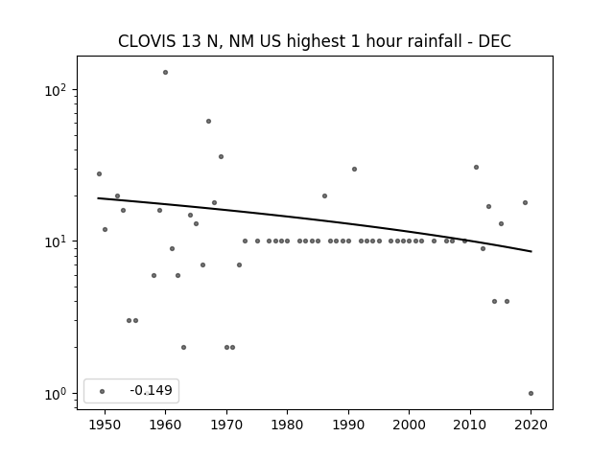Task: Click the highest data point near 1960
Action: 165,73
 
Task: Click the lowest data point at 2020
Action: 531,394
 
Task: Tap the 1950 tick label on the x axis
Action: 105,425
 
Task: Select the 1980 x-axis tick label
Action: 287,425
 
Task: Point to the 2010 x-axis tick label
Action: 470,425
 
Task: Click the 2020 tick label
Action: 531,425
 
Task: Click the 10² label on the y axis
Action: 56,90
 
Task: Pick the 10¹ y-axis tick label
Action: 56,242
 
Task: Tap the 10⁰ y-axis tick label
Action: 56,394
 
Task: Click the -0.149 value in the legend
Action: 152,390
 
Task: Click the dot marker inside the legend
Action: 103,391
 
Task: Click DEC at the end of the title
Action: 495,41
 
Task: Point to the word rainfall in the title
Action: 433,41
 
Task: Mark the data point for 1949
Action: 99,174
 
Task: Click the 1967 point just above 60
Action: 208,122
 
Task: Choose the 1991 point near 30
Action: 354,170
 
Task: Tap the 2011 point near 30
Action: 476,168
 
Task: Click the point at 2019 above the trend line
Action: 525,202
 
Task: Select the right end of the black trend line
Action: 531,251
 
